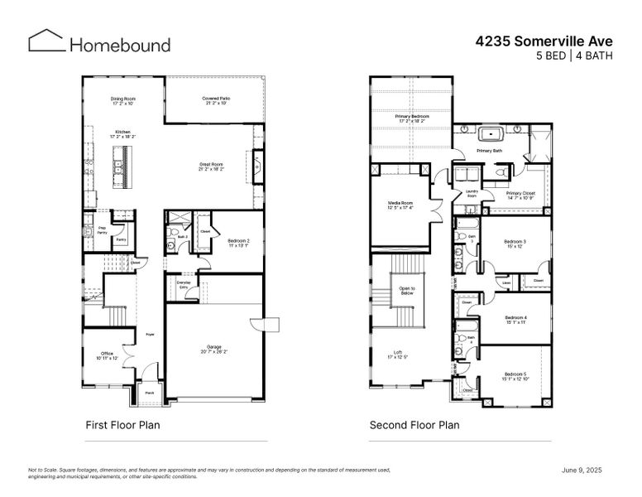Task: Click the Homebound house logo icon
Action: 46,41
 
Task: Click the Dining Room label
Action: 122,101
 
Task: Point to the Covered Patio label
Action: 216,101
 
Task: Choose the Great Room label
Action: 212,166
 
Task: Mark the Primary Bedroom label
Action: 411,118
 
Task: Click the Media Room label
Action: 401,205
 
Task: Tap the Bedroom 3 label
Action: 515,244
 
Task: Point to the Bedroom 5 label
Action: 515,375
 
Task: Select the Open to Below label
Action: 406,291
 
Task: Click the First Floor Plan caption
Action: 122,425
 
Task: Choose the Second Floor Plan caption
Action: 414,425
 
